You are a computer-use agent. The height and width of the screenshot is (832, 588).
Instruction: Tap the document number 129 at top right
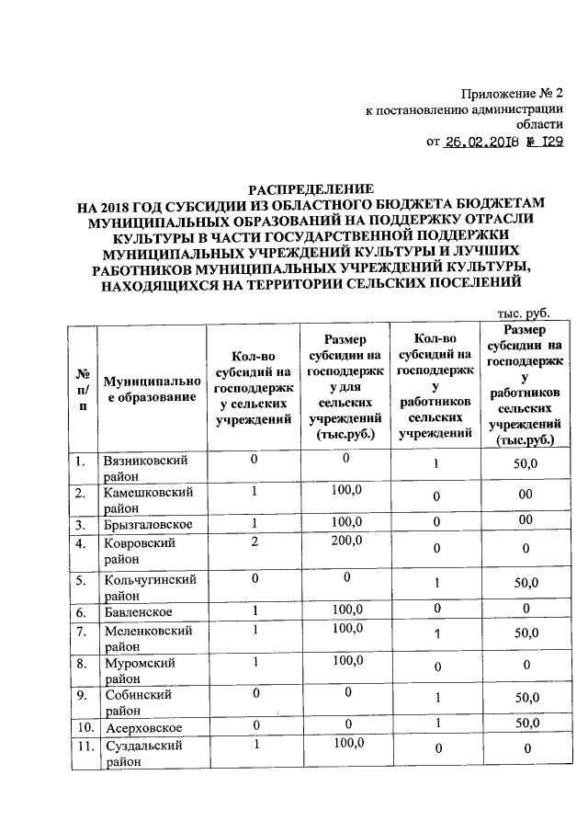[548, 142]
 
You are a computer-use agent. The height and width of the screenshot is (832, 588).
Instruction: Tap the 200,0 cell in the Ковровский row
[346, 542]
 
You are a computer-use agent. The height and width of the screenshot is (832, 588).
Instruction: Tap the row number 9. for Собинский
[83, 697]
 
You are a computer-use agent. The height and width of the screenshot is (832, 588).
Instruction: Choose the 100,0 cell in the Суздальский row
[346, 746]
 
